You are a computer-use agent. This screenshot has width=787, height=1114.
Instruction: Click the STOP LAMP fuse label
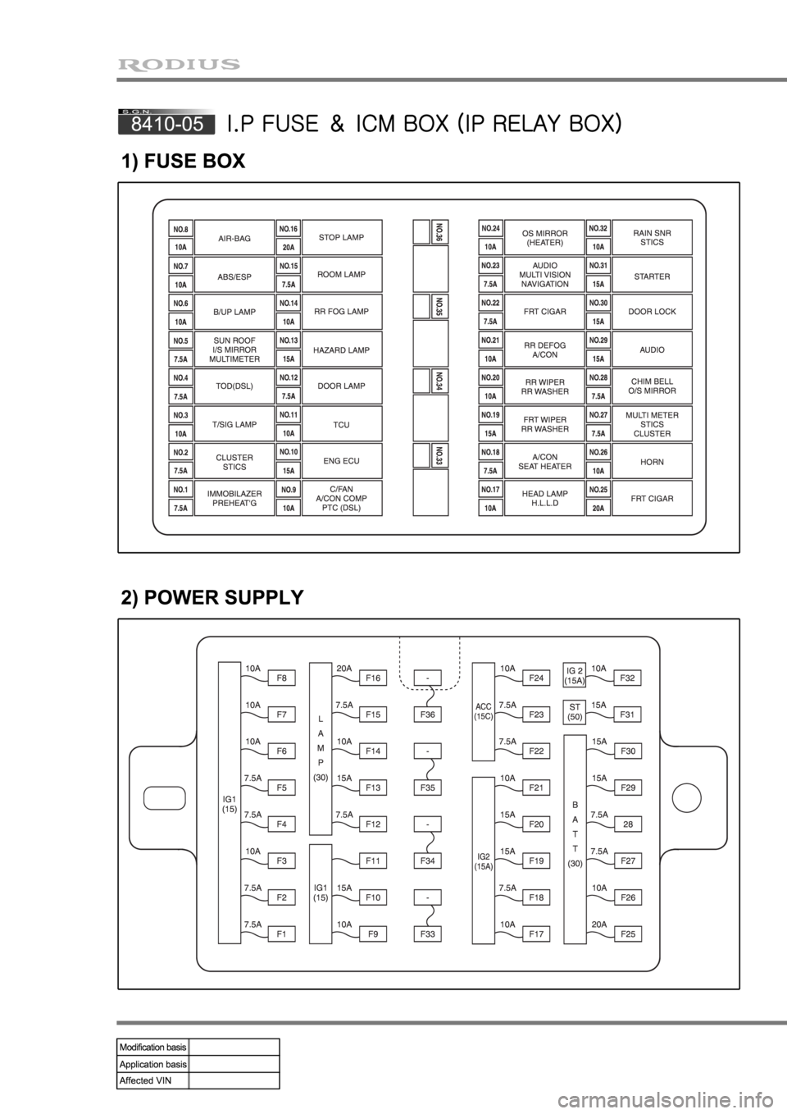(x=341, y=237)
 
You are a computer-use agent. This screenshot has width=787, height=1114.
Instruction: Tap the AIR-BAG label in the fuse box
(x=234, y=238)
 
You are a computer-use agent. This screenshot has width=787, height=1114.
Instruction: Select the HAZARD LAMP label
(x=341, y=350)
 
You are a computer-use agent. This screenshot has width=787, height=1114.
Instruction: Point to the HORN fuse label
(x=652, y=462)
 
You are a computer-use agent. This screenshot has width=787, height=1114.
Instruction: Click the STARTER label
(x=652, y=276)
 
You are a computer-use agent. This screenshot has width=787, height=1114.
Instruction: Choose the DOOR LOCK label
(x=652, y=313)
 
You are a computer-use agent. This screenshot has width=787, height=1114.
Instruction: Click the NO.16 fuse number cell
(x=288, y=229)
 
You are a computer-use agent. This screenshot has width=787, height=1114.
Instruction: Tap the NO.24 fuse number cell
(x=490, y=229)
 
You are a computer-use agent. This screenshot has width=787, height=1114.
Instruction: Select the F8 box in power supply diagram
(x=281, y=678)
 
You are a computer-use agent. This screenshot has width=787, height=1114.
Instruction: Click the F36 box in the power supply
(x=428, y=715)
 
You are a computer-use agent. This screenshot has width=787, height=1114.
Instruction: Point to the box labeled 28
(x=628, y=824)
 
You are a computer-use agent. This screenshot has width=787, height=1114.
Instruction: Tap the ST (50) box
(x=575, y=710)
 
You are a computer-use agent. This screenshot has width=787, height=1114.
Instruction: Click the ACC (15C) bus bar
(x=484, y=711)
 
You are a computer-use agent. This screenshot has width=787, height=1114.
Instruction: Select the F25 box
(x=628, y=934)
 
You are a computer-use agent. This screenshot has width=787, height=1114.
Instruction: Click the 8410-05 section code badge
(x=167, y=123)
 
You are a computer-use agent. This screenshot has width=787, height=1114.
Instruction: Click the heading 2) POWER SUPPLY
(x=212, y=597)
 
